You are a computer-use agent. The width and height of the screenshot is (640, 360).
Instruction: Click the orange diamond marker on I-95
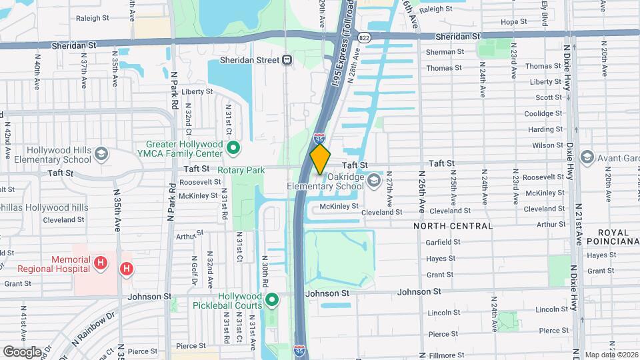[x=321, y=159]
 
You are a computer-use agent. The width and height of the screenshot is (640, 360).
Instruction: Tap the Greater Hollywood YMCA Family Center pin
[x=234, y=147]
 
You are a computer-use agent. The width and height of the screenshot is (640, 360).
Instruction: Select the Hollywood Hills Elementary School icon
[x=101, y=155]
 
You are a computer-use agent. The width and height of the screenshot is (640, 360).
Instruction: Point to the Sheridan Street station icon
[x=287, y=60]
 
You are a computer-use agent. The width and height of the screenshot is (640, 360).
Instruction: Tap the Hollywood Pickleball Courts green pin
[x=272, y=301]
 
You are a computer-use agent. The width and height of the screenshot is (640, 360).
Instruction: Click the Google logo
[x=22, y=351]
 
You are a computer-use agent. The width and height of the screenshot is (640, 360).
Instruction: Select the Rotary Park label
[x=241, y=171]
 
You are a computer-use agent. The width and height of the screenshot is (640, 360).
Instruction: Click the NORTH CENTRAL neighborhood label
[x=453, y=226]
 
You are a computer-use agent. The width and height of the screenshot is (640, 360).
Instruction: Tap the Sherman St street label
[x=445, y=51]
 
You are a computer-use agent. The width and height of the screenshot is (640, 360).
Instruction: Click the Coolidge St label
[x=544, y=113]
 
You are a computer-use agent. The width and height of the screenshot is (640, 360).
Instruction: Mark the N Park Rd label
[x=173, y=90]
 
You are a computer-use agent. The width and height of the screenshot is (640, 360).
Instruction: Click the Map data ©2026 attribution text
[x=611, y=355]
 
